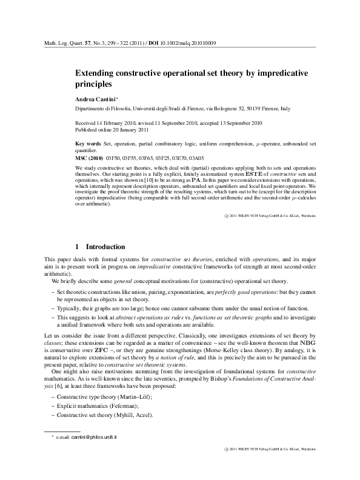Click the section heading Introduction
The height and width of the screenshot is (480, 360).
[x=105, y=247]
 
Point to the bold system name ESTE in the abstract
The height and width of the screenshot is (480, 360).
[x=247, y=173]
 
